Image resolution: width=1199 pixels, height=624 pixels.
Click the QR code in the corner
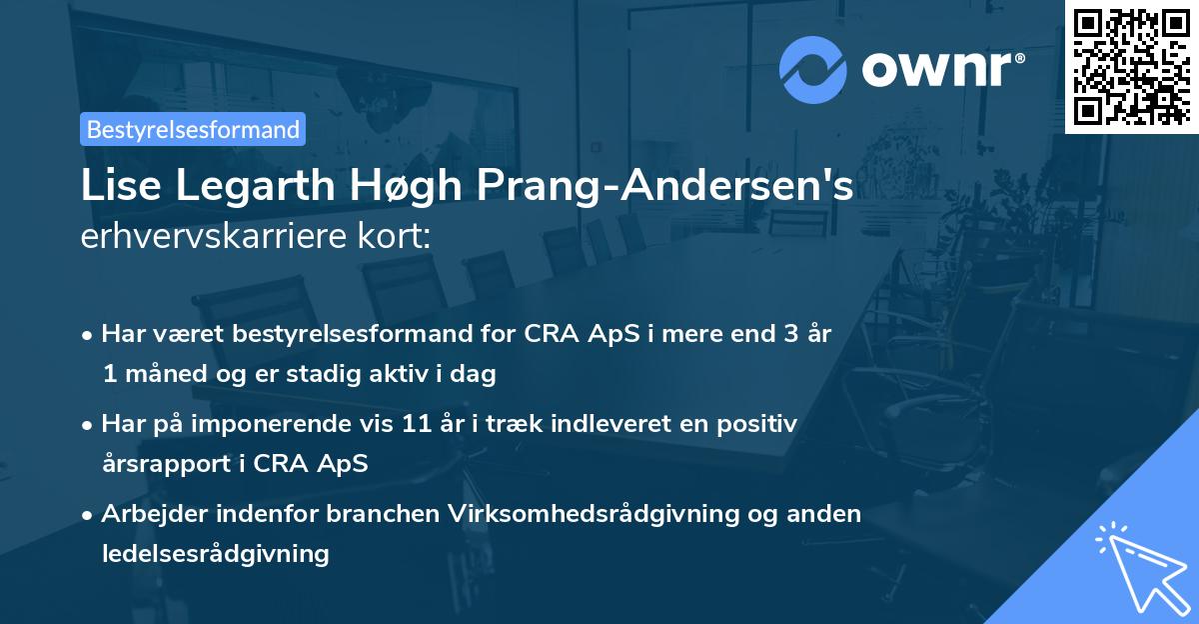(1132, 66)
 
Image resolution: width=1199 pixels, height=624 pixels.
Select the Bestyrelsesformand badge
(193, 129)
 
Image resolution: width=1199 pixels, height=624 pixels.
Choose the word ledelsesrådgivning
(215, 553)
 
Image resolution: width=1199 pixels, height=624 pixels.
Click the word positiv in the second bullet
(761, 424)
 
